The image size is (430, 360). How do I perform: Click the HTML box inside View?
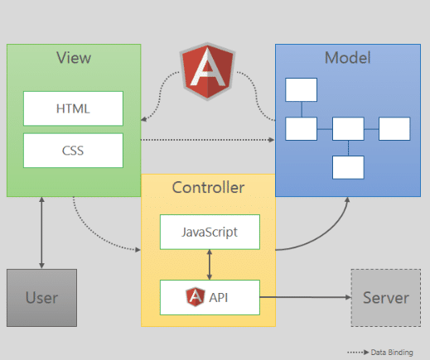73,108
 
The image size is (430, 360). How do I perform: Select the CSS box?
73,151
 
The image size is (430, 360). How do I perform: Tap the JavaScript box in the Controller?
209,232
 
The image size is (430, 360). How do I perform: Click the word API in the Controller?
220,296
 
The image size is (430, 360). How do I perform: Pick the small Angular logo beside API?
196,296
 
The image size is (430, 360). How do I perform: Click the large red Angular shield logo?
206,70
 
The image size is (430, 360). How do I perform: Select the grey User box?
41,297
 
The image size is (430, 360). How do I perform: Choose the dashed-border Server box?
386,297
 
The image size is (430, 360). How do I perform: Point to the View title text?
73,58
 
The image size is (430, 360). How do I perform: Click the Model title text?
347,58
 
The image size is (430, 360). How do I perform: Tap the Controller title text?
208,188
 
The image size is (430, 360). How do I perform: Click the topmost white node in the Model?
301,89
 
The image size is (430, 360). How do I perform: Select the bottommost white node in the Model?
348,167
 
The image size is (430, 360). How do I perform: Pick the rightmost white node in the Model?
394,128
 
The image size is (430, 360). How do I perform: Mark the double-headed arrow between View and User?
41,233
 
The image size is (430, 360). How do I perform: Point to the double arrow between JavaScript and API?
209,264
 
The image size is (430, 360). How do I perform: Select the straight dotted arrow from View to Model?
207,140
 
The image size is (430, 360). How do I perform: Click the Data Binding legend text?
391,352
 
